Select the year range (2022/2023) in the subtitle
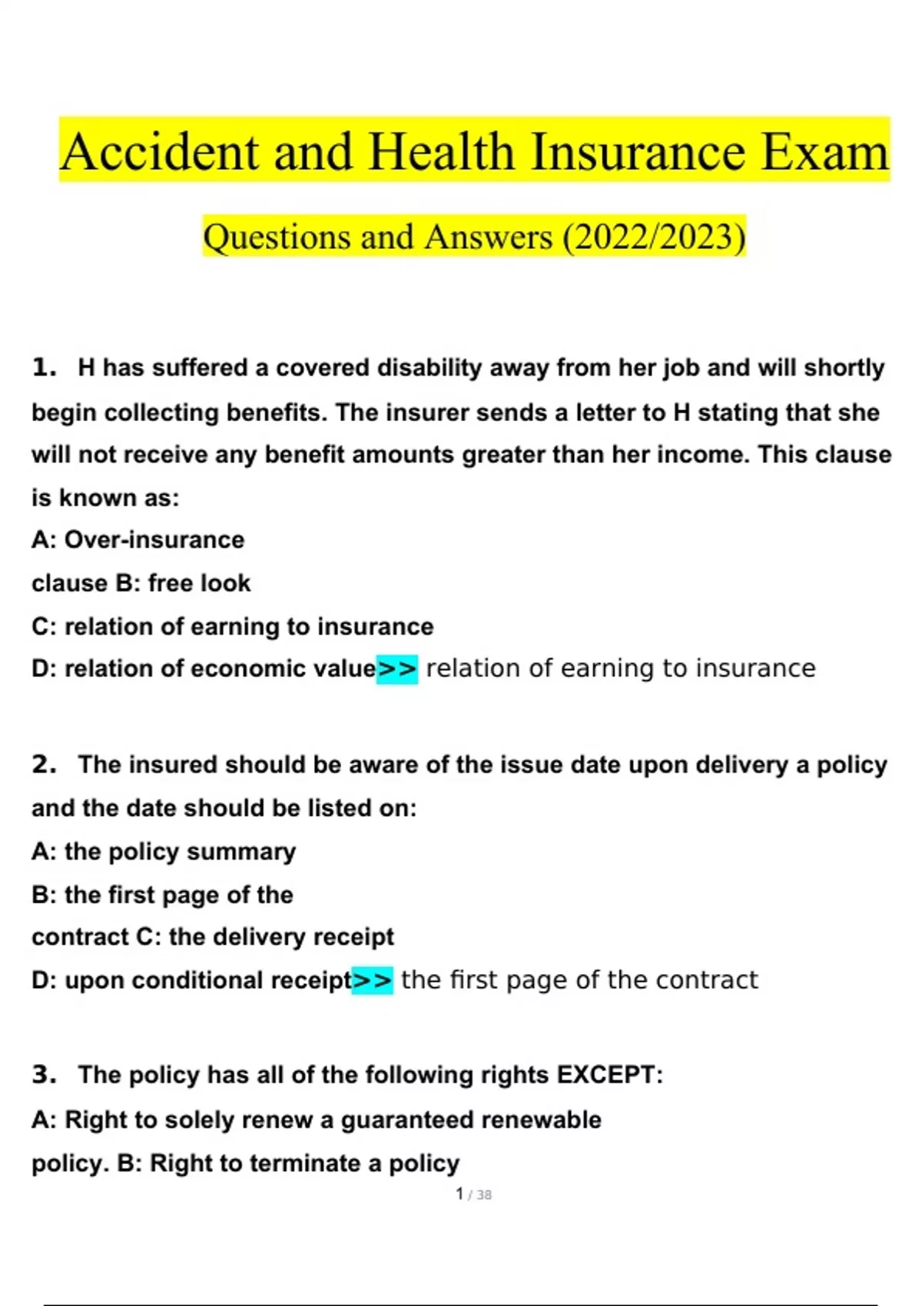pos(654,237)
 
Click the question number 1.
pos(44,367)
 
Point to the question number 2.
pos(44,764)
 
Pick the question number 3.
pos(44,1074)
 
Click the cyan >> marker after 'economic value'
pos(396,668)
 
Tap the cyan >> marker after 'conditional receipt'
pos(372,980)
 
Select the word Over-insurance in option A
pos(154,540)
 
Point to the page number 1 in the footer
pos(459,1194)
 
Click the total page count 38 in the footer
pos(484,1195)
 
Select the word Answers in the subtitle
pos(488,237)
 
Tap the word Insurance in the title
pos(638,151)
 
